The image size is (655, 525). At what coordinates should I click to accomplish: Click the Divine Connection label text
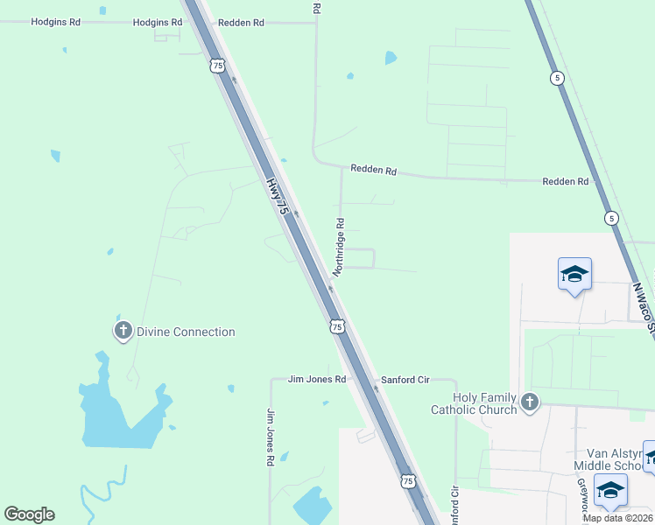click(185, 332)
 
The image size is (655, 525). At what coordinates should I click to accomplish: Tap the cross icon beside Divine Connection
click(123, 331)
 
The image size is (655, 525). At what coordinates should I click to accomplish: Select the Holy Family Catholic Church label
click(474, 402)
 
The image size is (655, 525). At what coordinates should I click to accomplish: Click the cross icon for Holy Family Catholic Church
click(528, 402)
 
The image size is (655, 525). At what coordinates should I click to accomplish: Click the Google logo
click(29, 514)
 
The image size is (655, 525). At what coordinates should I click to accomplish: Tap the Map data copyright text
click(617, 518)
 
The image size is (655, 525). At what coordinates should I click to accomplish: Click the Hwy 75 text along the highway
click(277, 196)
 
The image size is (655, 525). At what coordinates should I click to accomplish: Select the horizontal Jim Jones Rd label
click(318, 380)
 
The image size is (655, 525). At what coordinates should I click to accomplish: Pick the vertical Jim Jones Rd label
click(271, 436)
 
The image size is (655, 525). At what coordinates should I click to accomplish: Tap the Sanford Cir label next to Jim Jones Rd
click(405, 381)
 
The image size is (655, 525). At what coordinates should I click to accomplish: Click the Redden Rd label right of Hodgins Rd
click(241, 22)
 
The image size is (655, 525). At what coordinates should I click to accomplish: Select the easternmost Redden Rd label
click(565, 181)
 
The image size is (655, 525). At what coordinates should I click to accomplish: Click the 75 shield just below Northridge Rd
click(338, 326)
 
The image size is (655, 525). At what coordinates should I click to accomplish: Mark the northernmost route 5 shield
click(558, 79)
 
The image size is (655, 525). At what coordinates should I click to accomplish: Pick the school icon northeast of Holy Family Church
click(575, 274)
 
